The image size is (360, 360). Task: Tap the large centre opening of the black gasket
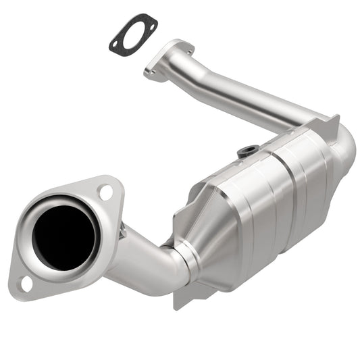point(134,36)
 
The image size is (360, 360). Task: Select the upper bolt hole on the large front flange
point(105,192)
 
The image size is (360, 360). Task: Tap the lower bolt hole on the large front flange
point(24,283)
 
